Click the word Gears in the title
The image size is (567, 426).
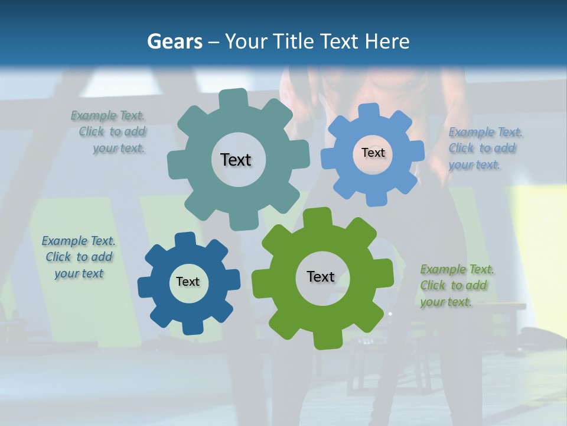click(175, 41)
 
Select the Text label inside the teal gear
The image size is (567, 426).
click(236, 160)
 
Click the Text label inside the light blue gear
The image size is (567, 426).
click(373, 153)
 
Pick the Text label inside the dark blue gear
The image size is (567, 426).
click(188, 282)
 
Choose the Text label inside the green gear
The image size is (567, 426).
click(321, 276)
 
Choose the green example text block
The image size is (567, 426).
click(456, 285)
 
